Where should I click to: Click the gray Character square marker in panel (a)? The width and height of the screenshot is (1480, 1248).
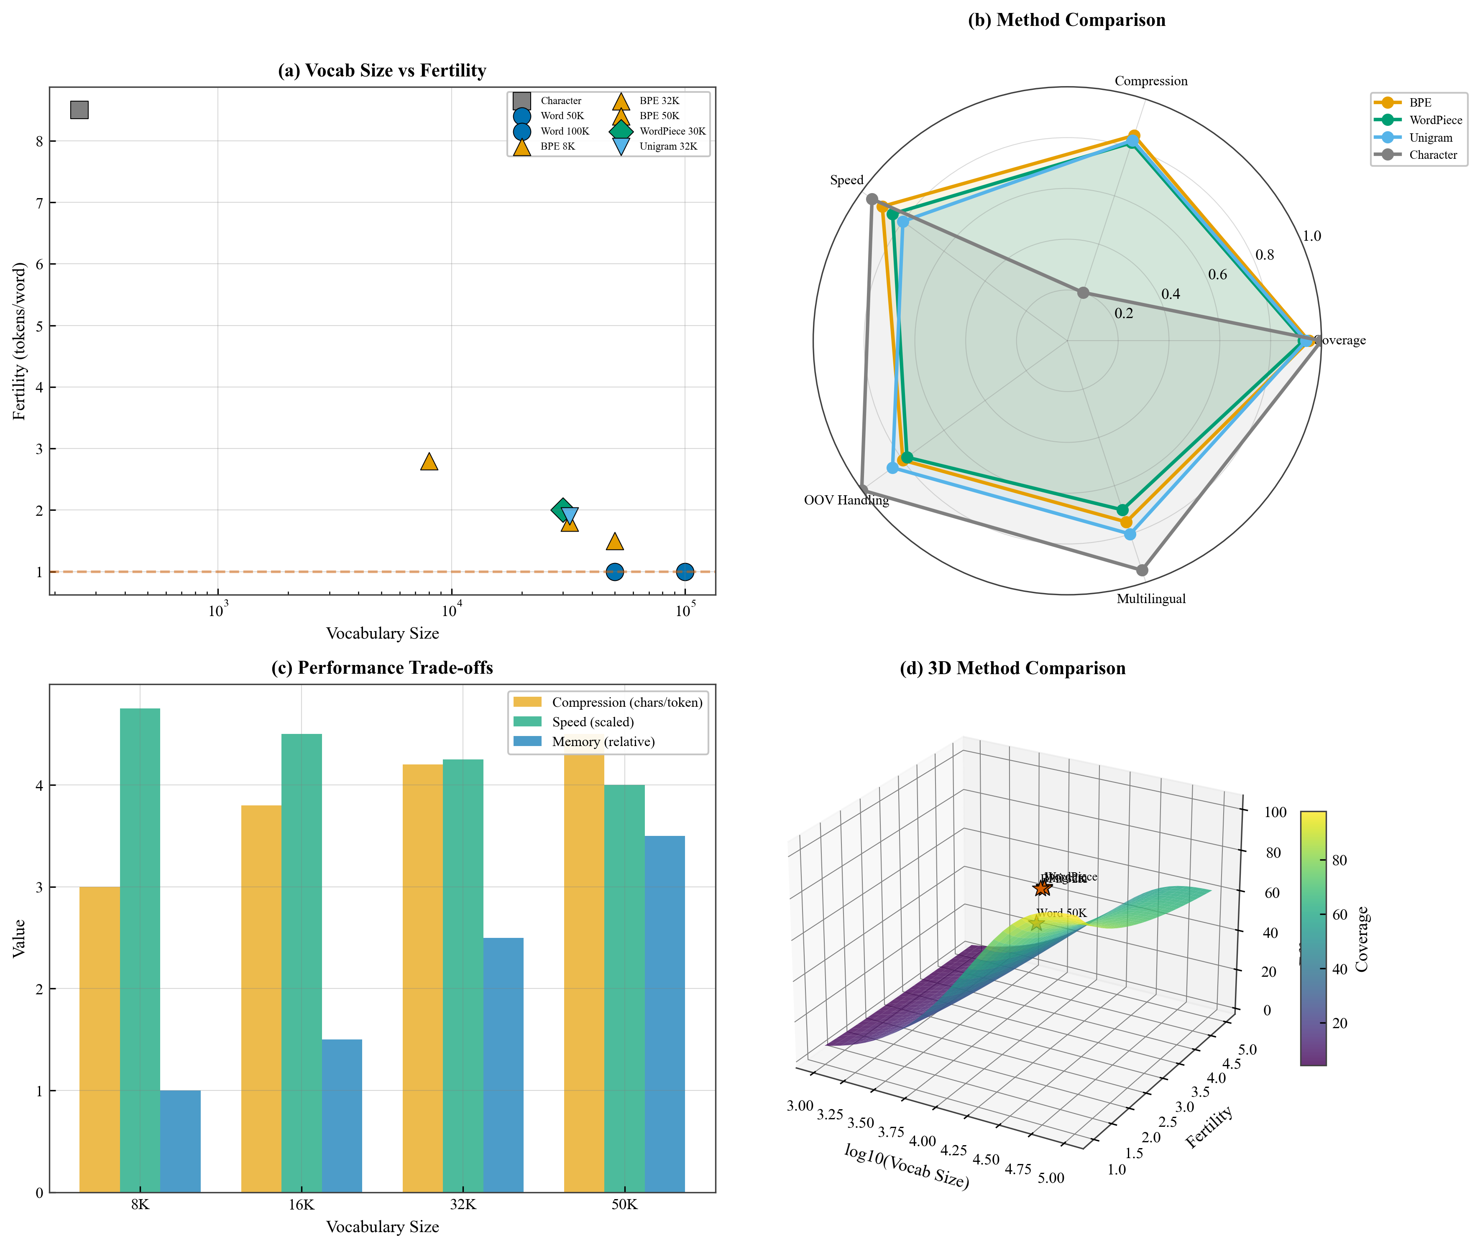point(79,110)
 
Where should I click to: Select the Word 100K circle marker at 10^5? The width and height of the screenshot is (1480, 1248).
point(685,572)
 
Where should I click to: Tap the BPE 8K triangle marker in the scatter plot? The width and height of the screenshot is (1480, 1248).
point(429,462)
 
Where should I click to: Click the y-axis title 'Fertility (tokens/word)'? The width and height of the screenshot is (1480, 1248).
point(19,341)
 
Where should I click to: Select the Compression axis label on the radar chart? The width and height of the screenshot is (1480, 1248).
point(1151,82)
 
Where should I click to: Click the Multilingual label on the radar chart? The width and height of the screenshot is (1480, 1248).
point(1151,599)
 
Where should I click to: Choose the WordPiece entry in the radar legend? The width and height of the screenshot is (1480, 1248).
point(1435,120)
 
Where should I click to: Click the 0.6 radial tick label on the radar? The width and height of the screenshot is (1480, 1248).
point(1217,275)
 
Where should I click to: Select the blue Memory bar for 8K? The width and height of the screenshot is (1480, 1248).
point(181,1141)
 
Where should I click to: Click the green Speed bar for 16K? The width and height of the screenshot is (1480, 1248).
point(302,962)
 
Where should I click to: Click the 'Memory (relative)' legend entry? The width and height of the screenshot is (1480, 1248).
point(603,741)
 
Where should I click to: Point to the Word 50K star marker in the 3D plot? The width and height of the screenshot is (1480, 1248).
point(1036,922)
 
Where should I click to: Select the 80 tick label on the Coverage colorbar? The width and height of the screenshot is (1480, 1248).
point(1339,860)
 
